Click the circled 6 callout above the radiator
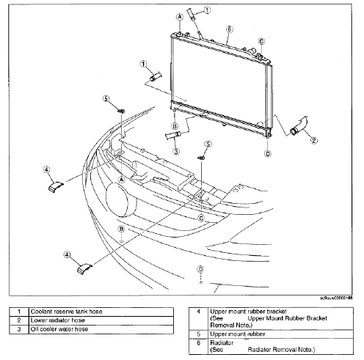point(229,30)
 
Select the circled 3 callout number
point(177,152)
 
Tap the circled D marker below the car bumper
point(200,270)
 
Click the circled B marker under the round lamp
point(121,229)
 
